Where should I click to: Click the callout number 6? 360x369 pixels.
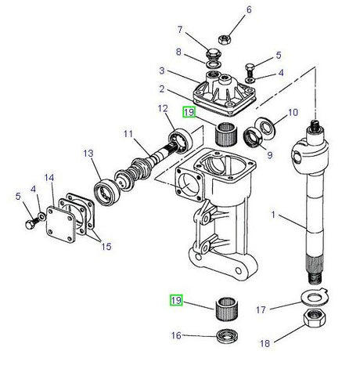249,9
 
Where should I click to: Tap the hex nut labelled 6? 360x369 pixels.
224,39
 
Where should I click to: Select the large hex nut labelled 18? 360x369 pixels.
315,317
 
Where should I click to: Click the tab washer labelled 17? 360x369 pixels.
315,297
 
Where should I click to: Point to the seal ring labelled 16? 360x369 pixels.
227,335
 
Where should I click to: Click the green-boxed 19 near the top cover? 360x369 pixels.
189,112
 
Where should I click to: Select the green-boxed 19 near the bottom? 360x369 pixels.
176,300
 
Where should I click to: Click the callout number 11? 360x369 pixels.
128,134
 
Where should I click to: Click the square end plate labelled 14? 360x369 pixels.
61,225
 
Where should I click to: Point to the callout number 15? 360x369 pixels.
106,246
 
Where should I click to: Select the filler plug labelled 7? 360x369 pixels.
214,54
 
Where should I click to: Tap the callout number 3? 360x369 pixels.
162,71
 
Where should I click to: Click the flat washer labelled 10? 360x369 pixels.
264,127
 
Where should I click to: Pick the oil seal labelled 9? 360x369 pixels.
253,139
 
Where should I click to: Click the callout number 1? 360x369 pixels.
273,215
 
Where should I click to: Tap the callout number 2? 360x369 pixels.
162,89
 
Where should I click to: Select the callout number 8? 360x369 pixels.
178,52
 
